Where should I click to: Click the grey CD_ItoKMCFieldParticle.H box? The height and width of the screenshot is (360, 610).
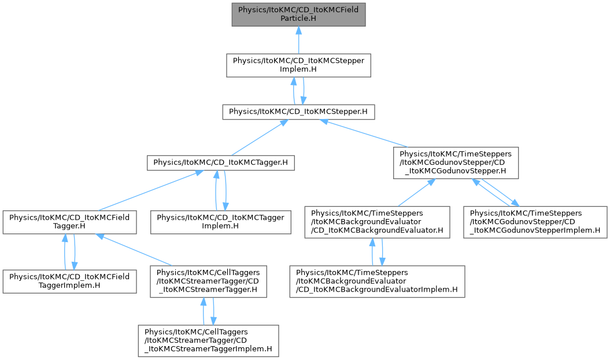pos(298,14)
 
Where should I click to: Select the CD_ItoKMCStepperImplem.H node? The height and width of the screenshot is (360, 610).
pos(298,65)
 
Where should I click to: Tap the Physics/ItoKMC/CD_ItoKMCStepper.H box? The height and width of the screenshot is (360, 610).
pos(298,112)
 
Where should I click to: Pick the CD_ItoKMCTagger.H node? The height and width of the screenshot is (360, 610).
pos(220,162)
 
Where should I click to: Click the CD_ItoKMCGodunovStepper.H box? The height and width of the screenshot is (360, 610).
pos(456,163)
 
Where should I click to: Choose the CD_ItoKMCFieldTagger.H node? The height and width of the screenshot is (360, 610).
pos(69,222)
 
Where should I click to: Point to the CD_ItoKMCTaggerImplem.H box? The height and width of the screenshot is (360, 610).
pos(220,222)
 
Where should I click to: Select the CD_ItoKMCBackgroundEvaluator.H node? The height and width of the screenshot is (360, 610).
pos(377,222)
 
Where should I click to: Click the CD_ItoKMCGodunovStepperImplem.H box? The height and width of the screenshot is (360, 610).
pos(535,222)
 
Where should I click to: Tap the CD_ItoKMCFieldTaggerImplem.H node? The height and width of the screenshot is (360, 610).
pos(69,281)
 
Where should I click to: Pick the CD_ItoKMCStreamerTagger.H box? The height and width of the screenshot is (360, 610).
pos(209,281)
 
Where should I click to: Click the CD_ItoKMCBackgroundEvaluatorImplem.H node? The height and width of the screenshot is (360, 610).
pos(377,281)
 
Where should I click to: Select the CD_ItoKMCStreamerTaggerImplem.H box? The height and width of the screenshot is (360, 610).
pos(209,340)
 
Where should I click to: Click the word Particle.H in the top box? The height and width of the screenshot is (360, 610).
pos(298,18)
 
